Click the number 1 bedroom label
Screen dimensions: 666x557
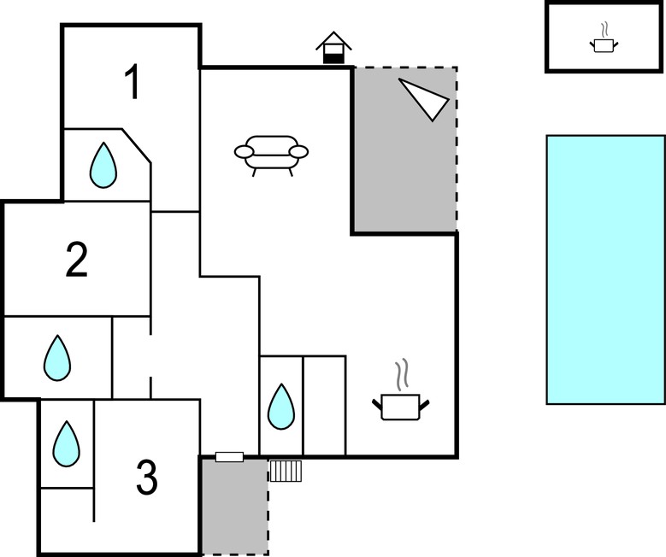click(x=133, y=81)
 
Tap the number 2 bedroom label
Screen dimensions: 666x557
click(x=77, y=260)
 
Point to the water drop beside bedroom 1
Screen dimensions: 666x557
click(x=103, y=165)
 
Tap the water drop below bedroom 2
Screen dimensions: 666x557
click(x=57, y=358)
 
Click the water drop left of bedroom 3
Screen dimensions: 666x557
click(x=67, y=443)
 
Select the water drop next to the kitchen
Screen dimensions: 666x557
click(x=281, y=407)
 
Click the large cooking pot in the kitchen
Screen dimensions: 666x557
click(x=401, y=407)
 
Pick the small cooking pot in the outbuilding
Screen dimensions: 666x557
click(x=604, y=45)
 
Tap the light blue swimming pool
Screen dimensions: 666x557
click(x=605, y=270)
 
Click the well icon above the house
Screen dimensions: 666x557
click(x=333, y=48)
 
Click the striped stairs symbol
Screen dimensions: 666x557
click(x=286, y=471)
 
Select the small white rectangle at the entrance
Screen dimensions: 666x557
click(x=229, y=457)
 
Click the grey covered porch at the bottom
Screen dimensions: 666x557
click(x=235, y=507)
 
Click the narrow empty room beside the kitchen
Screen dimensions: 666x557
click(x=325, y=406)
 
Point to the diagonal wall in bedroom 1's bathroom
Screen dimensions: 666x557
click(x=136, y=145)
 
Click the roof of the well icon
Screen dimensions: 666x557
click(x=333, y=40)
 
